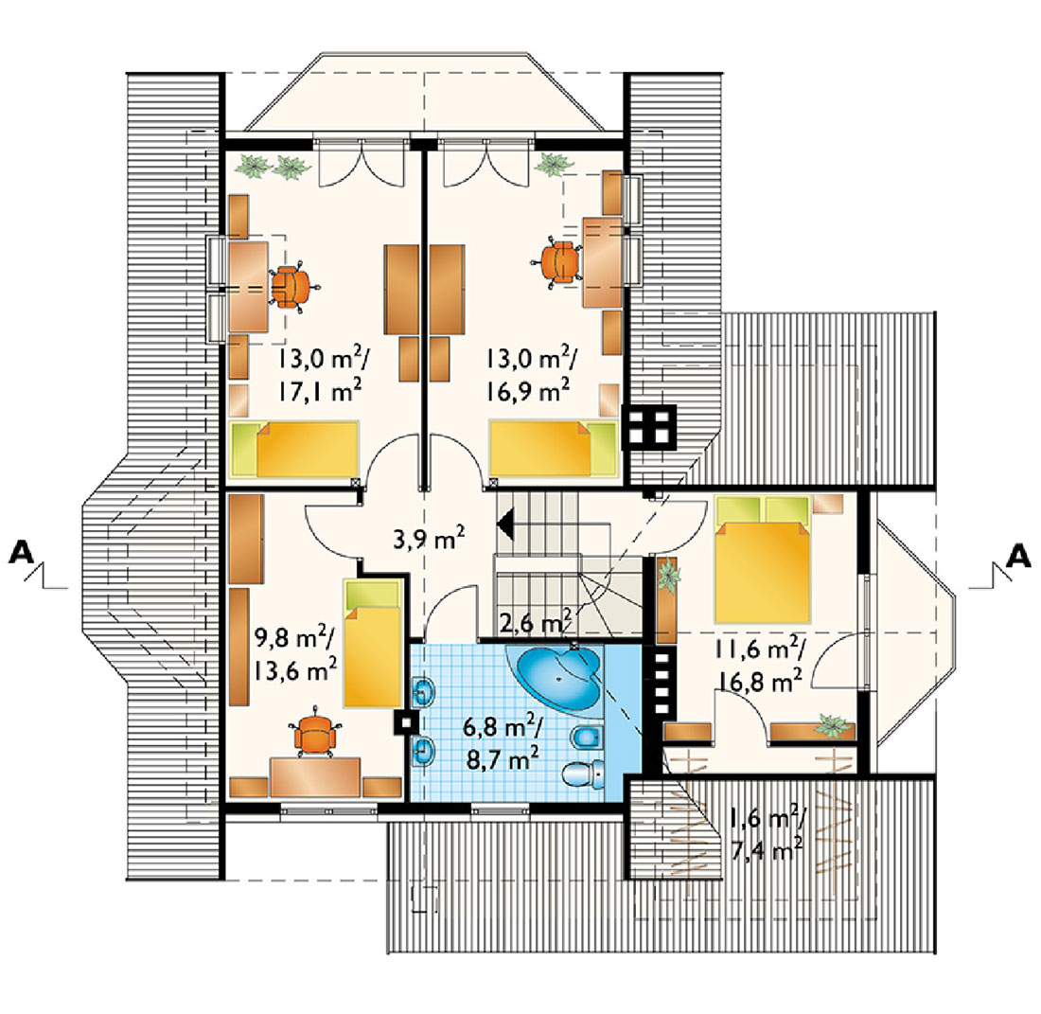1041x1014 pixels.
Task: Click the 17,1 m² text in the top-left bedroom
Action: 319,391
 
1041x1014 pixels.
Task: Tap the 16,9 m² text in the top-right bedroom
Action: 527,390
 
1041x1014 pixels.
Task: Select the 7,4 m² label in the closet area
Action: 767,848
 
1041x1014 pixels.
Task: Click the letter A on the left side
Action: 21,553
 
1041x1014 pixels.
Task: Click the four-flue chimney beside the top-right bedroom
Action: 648,426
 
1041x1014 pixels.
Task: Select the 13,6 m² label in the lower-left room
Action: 294,670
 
